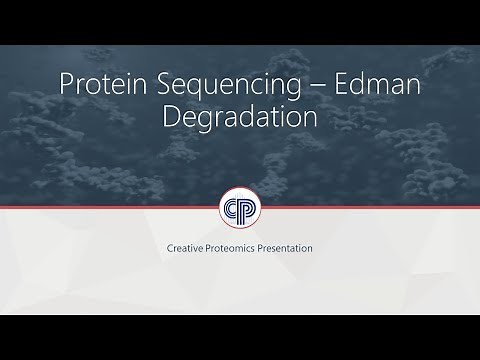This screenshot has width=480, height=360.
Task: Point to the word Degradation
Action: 240,117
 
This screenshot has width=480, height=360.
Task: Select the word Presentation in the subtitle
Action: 290,246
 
